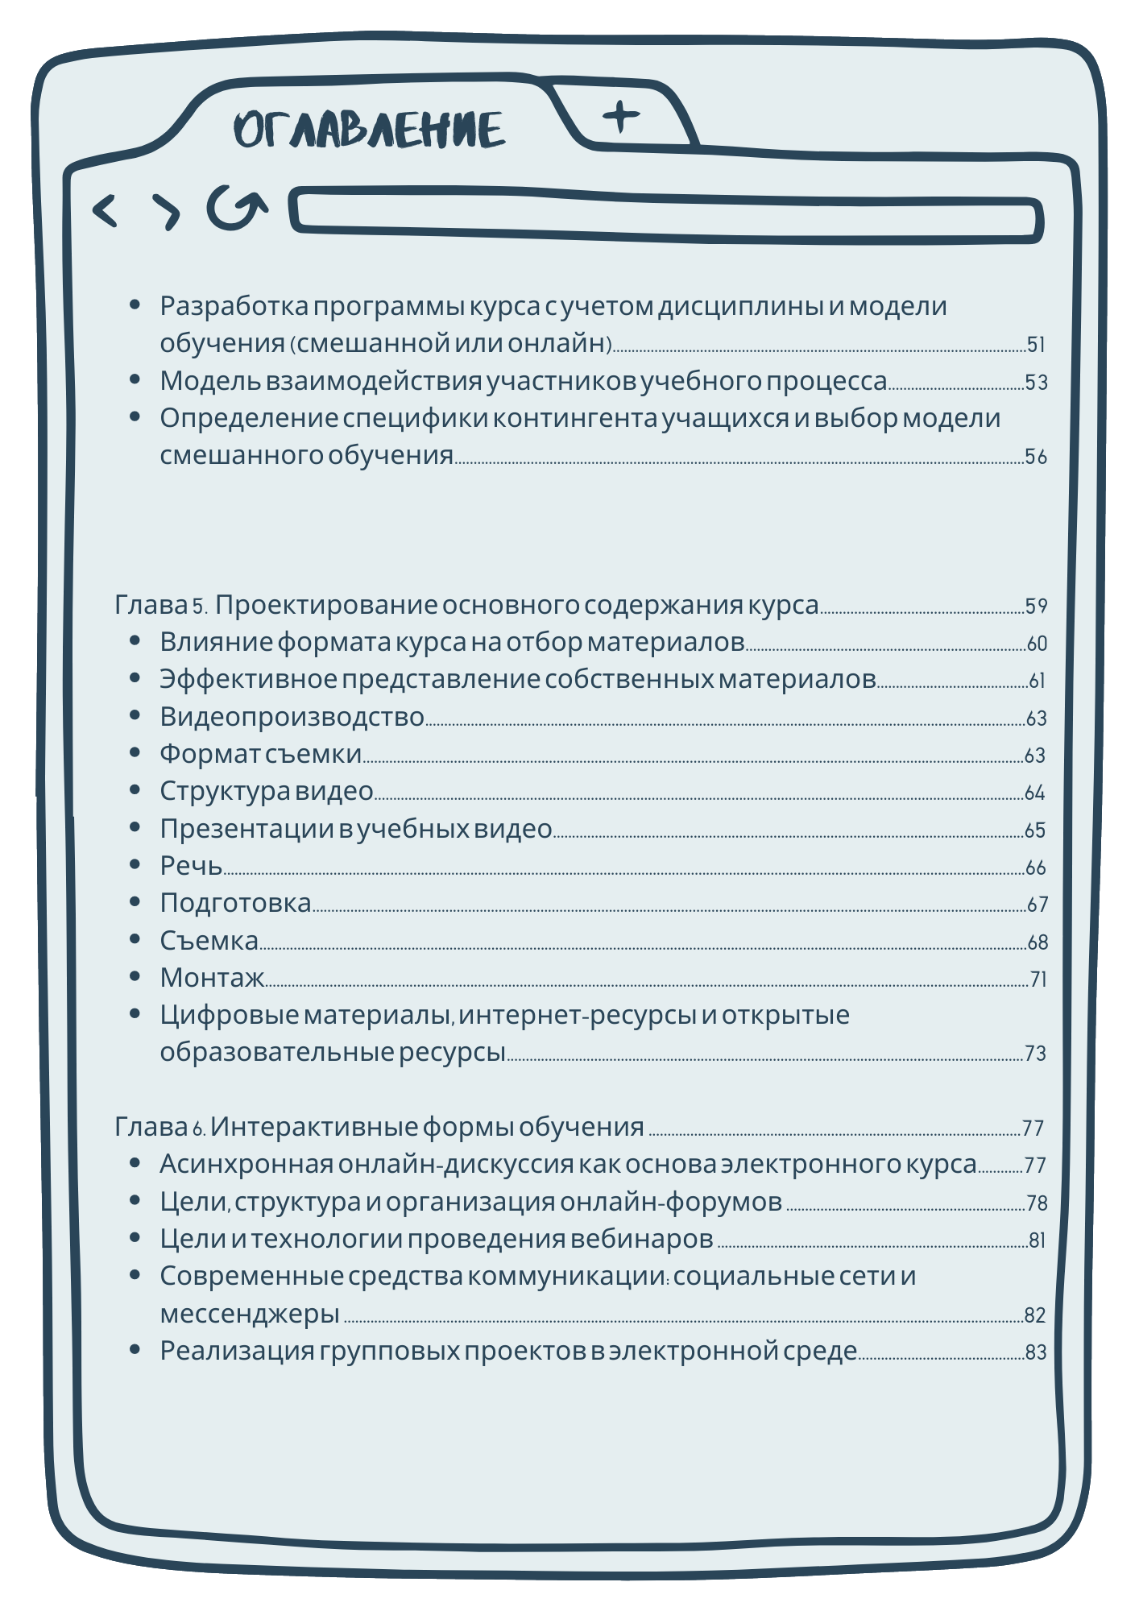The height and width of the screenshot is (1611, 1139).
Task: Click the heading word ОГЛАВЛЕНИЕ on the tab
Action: (x=370, y=130)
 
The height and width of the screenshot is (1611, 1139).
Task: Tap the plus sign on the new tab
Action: (x=621, y=117)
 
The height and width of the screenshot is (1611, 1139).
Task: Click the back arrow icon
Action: (x=106, y=211)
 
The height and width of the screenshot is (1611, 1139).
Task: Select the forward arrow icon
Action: (x=167, y=212)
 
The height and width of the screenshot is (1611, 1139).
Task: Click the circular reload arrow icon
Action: (x=235, y=208)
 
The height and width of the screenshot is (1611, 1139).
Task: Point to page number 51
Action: (x=1036, y=345)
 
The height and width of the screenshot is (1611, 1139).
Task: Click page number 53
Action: (x=1036, y=382)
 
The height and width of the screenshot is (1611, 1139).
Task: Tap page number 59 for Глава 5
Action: (x=1036, y=606)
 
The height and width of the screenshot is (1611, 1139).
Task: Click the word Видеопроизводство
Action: (x=292, y=716)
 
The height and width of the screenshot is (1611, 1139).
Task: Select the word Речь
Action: (x=191, y=865)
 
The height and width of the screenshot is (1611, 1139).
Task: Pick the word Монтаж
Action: (x=212, y=977)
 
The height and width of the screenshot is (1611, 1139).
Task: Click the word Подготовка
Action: (x=235, y=902)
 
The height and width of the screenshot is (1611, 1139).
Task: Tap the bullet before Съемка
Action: (x=135, y=939)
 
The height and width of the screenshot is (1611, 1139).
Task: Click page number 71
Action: (x=1038, y=979)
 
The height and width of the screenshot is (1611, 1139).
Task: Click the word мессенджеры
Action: (x=250, y=1313)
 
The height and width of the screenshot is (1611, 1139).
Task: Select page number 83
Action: (x=1036, y=1352)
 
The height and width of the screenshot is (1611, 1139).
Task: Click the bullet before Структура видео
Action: (x=135, y=790)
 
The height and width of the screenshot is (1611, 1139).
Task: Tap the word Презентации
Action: (x=246, y=828)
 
